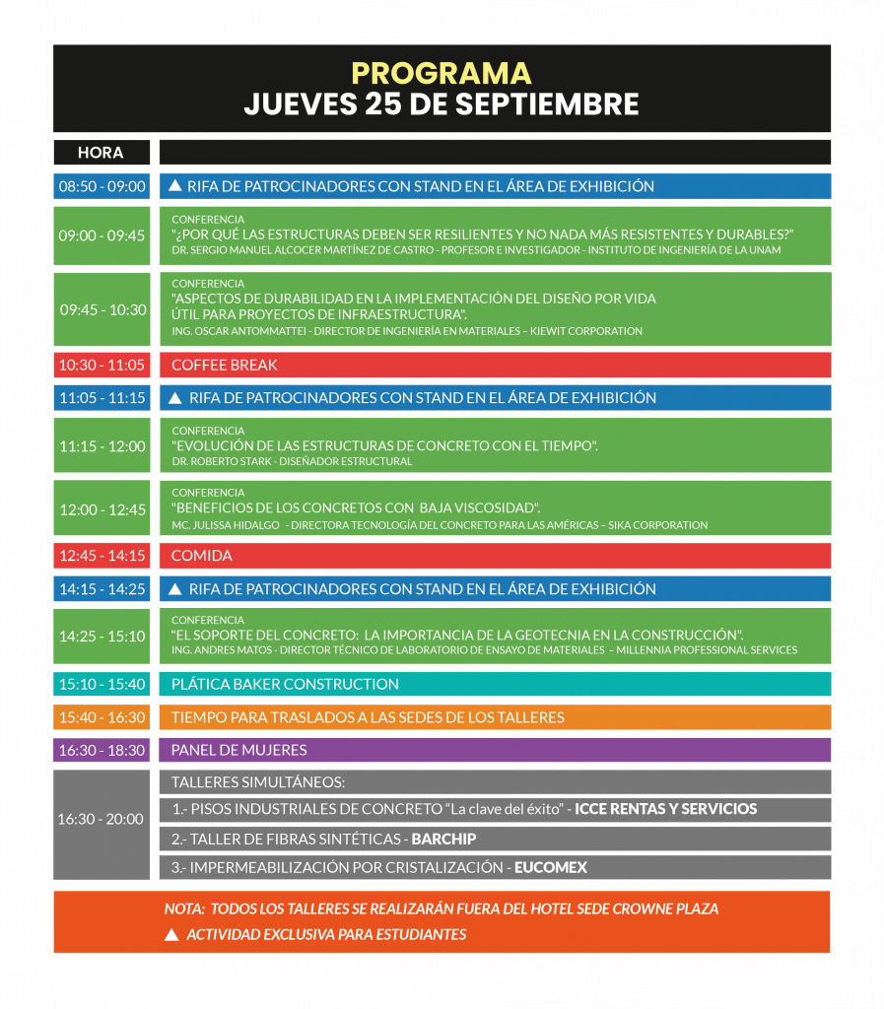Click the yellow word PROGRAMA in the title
click(x=442, y=74)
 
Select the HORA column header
click(x=101, y=153)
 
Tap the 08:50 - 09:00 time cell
click(x=102, y=186)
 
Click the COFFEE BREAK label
click(x=224, y=366)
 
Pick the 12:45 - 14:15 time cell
click(x=102, y=556)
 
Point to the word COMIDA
click(x=201, y=556)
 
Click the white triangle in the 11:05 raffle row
click(x=175, y=398)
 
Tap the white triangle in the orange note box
click(x=171, y=934)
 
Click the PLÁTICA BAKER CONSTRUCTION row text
click(x=285, y=684)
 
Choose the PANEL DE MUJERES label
click(x=238, y=750)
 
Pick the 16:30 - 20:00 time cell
click(x=102, y=819)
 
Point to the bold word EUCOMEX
click(x=550, y=868)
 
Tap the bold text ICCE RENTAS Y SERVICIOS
click(x=665, y=809)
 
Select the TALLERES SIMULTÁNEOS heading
click(x=257, y=782)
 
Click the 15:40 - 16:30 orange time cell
click(x=102, y=717)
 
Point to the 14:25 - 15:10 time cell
click(x=102, y=637)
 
